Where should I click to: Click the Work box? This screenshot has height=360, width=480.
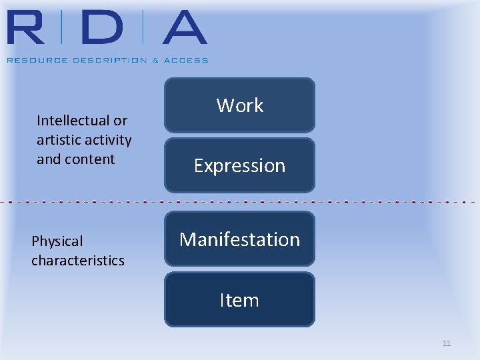(239, 105)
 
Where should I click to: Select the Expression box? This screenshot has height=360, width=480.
(239, 165)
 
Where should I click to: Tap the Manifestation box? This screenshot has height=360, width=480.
(239, 239)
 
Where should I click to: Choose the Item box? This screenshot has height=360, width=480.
(239, 300)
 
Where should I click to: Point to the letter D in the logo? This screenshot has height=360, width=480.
(101, 28)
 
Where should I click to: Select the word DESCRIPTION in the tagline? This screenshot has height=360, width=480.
(104, 60)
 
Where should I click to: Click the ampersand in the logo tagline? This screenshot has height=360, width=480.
(156, 60)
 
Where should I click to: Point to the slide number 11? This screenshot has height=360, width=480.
(447, 343)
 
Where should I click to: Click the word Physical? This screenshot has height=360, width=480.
(57, 241)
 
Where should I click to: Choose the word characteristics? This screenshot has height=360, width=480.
(78, 261)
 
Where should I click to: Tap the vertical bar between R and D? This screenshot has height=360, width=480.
(61, 28)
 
